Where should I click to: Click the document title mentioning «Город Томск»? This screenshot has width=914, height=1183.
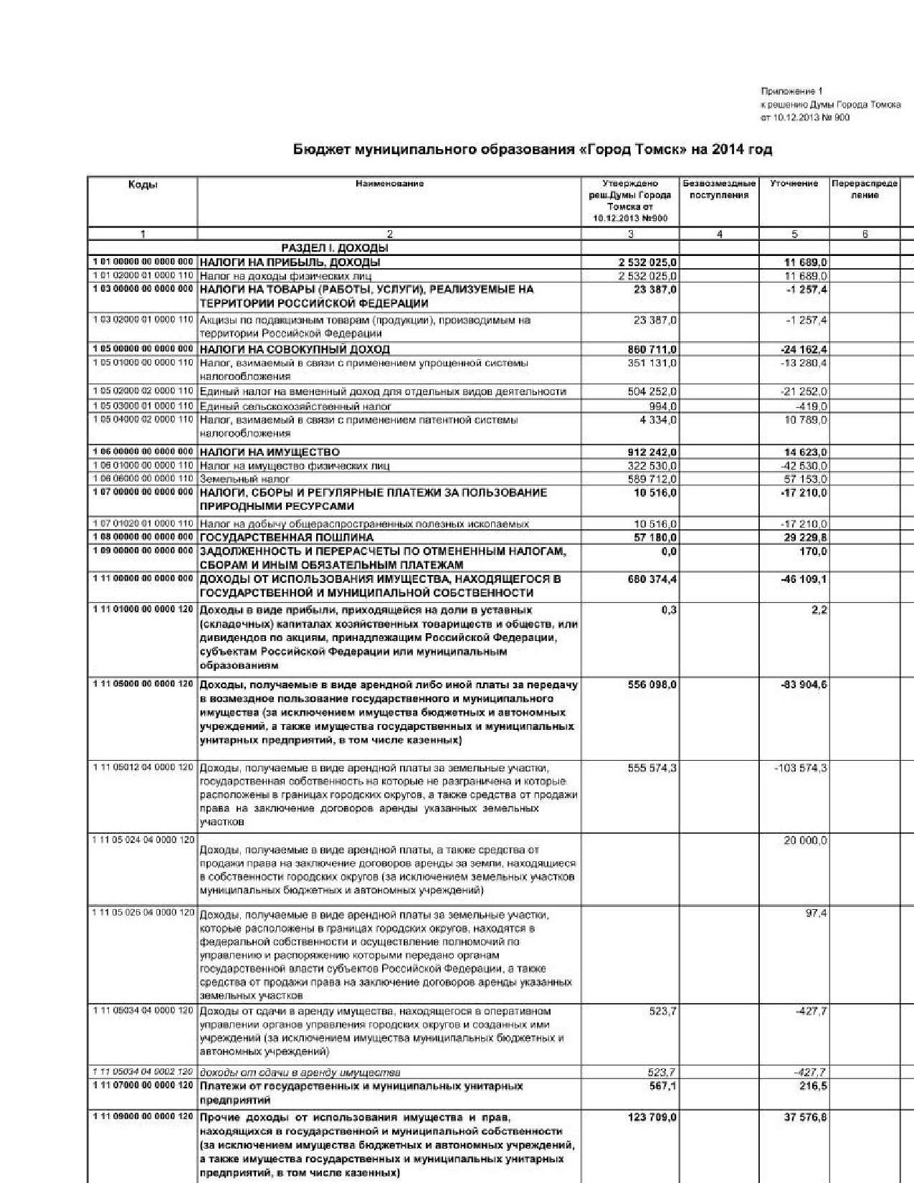[x=533, y=150]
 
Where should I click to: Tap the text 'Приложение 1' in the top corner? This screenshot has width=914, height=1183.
[x=791, y=92]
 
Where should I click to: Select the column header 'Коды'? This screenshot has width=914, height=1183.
[x=143, y=185]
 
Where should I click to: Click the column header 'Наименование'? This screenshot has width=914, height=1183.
[x=389, y=184]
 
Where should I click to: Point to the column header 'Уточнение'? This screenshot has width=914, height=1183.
[x=794, y=184]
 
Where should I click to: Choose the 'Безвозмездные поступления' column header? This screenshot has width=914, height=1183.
[x=719, y=189]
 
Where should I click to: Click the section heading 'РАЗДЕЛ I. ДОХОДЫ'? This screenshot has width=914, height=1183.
[x=335, y=248]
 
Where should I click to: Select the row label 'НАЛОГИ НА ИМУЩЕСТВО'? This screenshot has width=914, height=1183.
[x=270, y=452]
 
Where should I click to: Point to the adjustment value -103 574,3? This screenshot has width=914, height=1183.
[x=800, y=768]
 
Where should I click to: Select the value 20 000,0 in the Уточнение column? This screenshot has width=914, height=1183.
[x=805, y=840]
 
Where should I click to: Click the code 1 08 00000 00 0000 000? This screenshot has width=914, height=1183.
[x=143, y=537]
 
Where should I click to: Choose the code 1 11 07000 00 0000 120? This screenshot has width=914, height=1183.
[x=143, y=1086]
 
